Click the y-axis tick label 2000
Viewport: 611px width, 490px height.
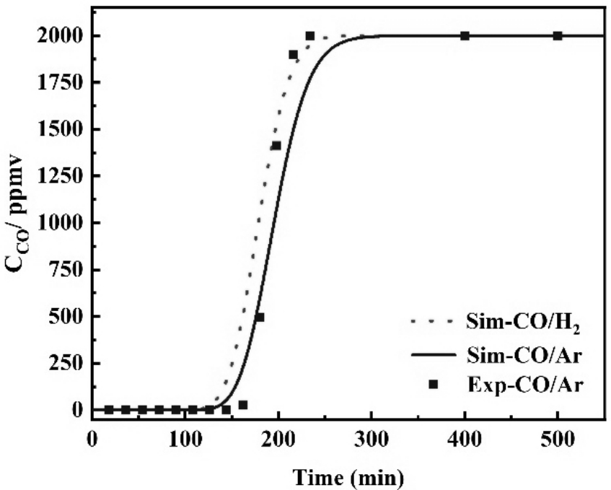(58, 36)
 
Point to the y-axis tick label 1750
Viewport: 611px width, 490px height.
(58, 83)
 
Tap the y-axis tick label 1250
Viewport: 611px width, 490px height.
(58, 176)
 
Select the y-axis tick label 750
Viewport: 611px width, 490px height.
(63, 270)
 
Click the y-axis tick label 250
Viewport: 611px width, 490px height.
(63, 363)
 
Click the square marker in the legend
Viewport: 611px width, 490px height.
(434, 385)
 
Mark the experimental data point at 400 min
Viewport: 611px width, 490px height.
(465, 36)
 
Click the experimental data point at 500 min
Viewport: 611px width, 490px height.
(558, 36)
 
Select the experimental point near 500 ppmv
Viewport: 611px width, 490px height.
(260, 317)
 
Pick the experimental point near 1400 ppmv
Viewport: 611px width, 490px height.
(276, 146)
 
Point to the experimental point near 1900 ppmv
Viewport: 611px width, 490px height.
(294, 55)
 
